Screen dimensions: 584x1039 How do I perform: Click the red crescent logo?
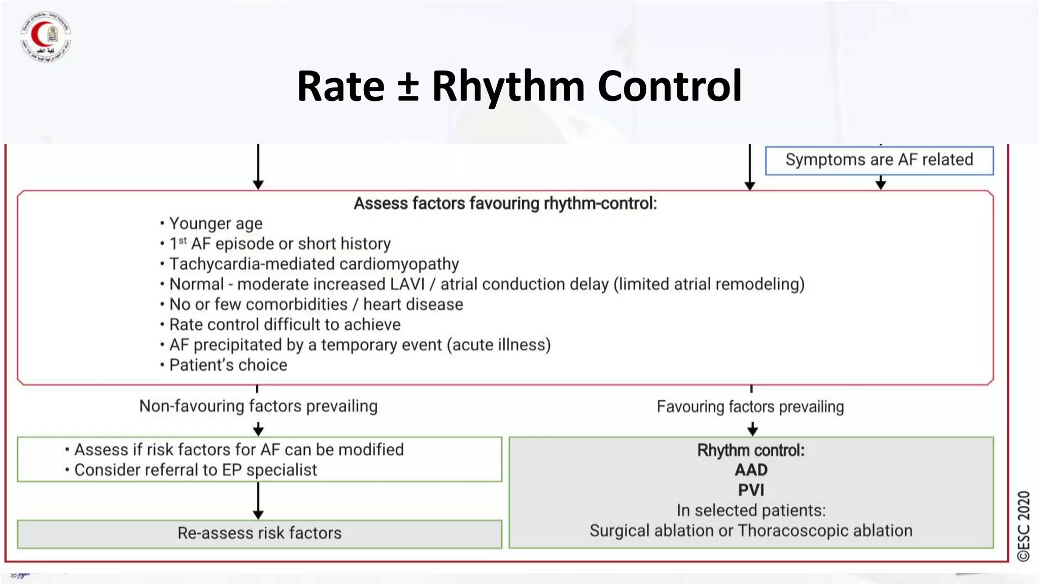click(x=46, y=36)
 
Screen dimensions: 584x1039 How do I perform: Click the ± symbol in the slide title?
click(x=408, y=86)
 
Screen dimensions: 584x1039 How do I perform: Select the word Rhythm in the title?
click(x=508, y=86)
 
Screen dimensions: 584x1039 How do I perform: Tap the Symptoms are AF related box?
click(x=879, y=160)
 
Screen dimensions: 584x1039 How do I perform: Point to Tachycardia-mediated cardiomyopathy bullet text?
click(x=314, y=264)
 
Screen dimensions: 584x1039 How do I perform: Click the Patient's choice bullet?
click(x=228, y=365)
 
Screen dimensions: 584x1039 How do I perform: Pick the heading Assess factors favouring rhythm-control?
click(x=505, y=203)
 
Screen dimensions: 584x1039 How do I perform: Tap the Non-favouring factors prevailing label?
click(x=258, y=406)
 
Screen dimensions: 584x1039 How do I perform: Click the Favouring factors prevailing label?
click(x=750, y=407)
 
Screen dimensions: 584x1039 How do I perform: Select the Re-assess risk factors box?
click(x=259, y=533)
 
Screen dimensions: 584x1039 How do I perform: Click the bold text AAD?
click(x=751, y=470)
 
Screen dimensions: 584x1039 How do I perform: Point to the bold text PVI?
click(x=751, y=490)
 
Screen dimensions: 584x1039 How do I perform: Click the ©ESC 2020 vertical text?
click(x=1023, y=526)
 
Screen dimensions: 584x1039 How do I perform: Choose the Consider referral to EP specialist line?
click(x=195, y=470)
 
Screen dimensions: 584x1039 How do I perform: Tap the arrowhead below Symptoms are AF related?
click(x=881, y=184)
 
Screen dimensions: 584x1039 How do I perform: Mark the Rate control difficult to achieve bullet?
click(x=285, y=324)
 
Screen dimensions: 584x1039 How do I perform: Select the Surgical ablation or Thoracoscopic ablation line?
click(x=751, y=531)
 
